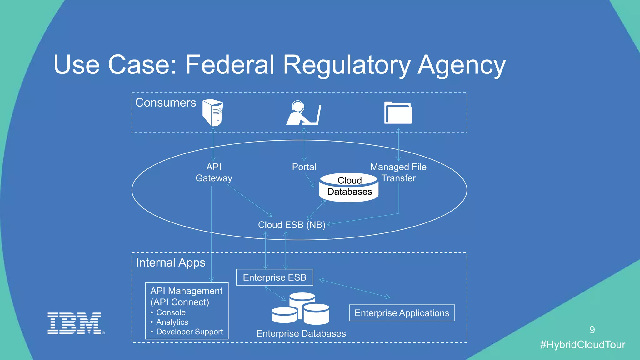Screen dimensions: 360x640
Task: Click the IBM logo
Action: coord(75,323)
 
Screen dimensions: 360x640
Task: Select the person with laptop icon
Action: coord(303,113)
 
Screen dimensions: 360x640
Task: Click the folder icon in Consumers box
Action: coord(398,113)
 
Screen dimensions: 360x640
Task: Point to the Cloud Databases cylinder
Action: coord(349,187)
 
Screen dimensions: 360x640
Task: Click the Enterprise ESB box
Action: coord(274,277)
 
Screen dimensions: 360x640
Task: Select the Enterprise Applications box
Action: coord(402,313)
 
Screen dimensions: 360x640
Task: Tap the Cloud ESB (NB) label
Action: coord(292,225)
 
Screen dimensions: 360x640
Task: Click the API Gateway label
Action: coord(214,172)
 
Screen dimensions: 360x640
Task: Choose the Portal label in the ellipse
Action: coord(304,167)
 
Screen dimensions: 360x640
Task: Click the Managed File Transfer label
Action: coord(398,172)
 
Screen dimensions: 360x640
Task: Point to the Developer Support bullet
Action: coord(189,332)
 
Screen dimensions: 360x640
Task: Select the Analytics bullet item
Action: coord(172,322)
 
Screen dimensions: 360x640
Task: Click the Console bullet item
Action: coord(171,312)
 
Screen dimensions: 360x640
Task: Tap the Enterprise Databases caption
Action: coord(301,333)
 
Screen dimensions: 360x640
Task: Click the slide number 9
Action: coord(592,330)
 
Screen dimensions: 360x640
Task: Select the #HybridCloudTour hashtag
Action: coord(582,345)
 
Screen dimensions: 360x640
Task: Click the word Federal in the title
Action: coord(230,65)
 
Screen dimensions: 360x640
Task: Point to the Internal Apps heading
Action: coord(171,262)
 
